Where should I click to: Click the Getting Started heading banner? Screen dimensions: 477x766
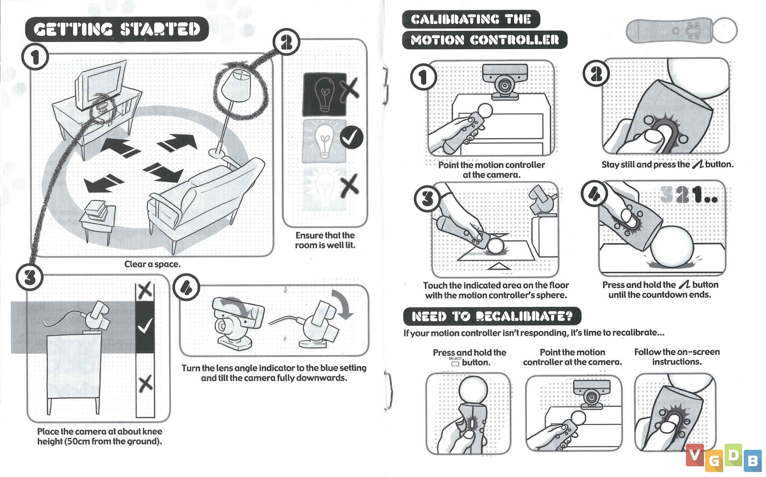[117, 29]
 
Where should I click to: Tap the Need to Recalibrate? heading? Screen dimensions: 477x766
[492, 316]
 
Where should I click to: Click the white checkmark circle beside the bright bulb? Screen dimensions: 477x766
[351, 138]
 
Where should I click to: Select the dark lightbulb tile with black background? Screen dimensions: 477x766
[325, 94]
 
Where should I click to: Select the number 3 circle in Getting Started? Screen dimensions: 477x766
[29, 277]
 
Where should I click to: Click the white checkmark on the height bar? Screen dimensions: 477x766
[145, 326]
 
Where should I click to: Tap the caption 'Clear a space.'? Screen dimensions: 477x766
[152, 264]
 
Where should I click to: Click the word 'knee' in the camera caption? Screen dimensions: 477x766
[152, 431]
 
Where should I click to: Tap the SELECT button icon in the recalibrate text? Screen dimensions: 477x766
[455, 363]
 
